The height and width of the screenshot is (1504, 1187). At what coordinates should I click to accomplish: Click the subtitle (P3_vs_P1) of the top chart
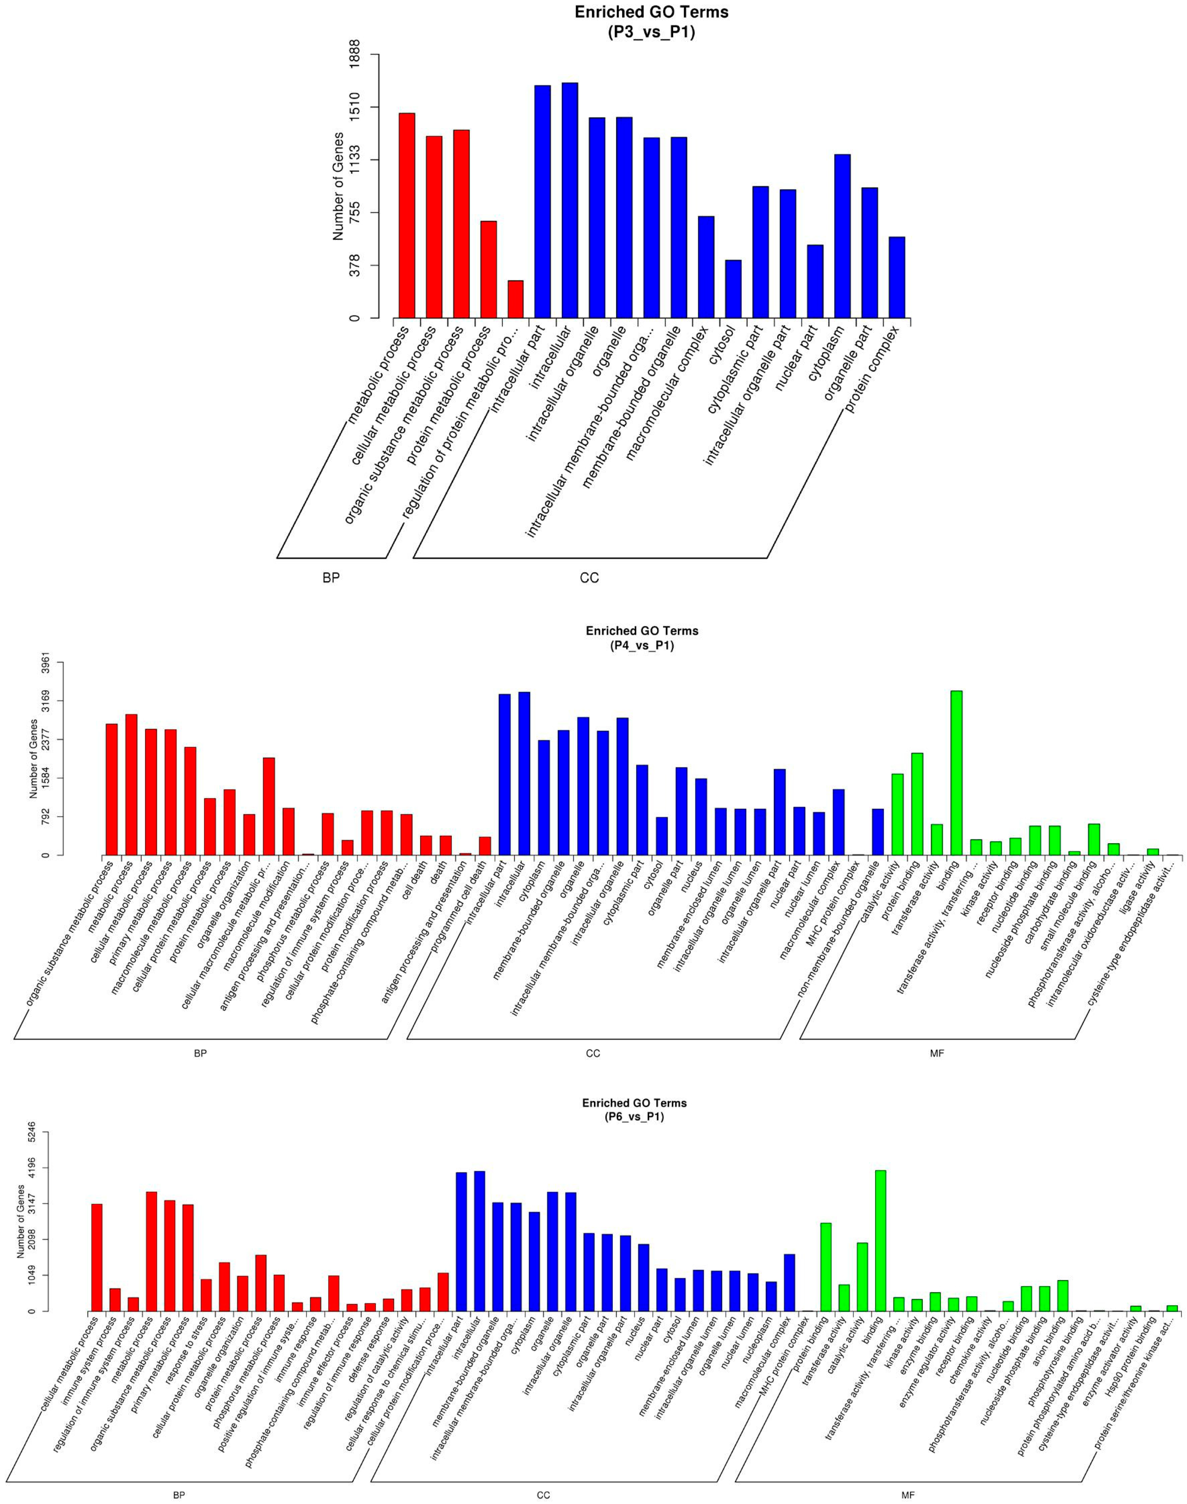click(651, 32)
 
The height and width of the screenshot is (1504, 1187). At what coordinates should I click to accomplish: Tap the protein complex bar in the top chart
click(896, 277)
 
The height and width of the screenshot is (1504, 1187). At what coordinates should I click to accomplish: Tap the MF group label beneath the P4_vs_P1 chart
click(937, 1054)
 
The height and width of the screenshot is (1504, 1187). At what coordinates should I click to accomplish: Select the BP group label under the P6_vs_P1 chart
click(179, 1492)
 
